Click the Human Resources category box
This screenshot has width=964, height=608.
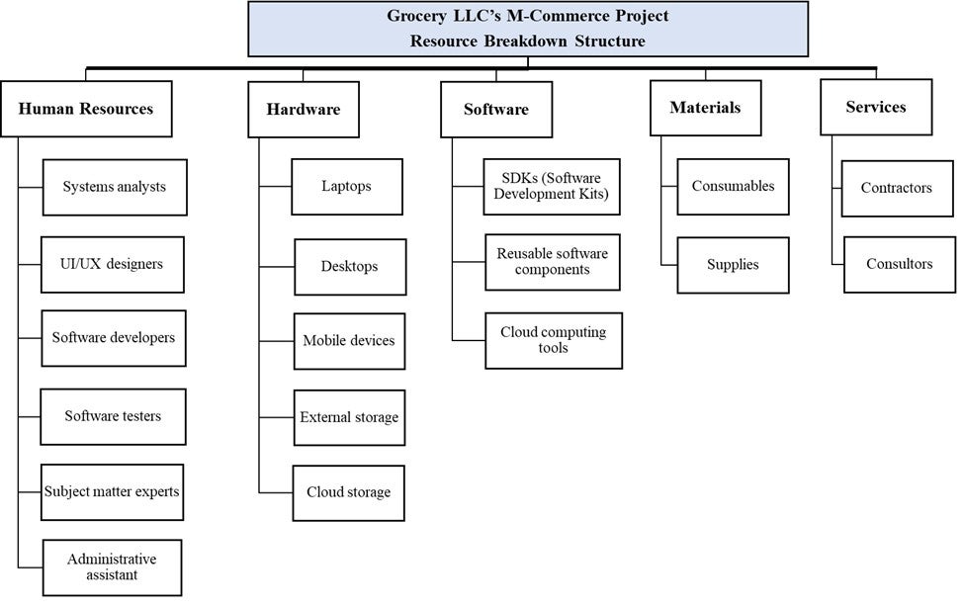[x=86, y=109]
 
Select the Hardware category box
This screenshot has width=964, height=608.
[x=303, y=109]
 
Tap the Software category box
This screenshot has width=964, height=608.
[x=496, y=109]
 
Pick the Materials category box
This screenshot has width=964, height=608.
[x=705, y=107]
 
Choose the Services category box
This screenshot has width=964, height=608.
[x=876, y=107]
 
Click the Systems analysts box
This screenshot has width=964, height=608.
[x=115, y=187]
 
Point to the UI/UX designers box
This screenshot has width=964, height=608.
[x=112, y=264]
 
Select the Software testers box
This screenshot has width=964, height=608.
[x=113, y=416]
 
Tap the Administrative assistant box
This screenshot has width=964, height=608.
[x=112, y=566]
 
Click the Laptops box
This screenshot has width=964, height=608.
[x=347, y=186]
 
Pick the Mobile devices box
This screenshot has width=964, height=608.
[x=349, y=341]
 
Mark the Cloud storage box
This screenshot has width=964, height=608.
[x=349, y=492]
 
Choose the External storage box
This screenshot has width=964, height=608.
[x=349, y=417]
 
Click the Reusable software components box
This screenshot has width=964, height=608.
[x=553, y=262]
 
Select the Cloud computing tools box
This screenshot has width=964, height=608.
[x=554, y=340]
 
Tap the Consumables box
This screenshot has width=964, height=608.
[x=733, y=186]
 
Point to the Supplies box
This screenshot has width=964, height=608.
[x=733, y=265]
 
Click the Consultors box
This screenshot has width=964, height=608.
[x=900, y=264]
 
